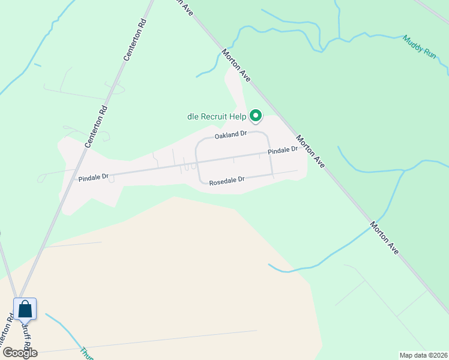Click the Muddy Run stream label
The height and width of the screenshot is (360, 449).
coord(420,46)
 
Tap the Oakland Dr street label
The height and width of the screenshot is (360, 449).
coord(231,134)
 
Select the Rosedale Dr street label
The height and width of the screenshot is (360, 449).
coord(227,179)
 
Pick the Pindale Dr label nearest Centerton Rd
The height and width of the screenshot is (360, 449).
coord(93,177)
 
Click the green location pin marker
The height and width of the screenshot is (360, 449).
coord(256,115)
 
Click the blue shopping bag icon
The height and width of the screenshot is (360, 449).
coord(25,310)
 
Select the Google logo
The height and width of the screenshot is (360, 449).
coord(20,353)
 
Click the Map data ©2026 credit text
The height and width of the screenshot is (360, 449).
coord(423,355)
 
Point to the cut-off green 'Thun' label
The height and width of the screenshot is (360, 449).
coord(86,353)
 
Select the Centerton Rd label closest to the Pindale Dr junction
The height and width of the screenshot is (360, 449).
coord(96,124)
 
